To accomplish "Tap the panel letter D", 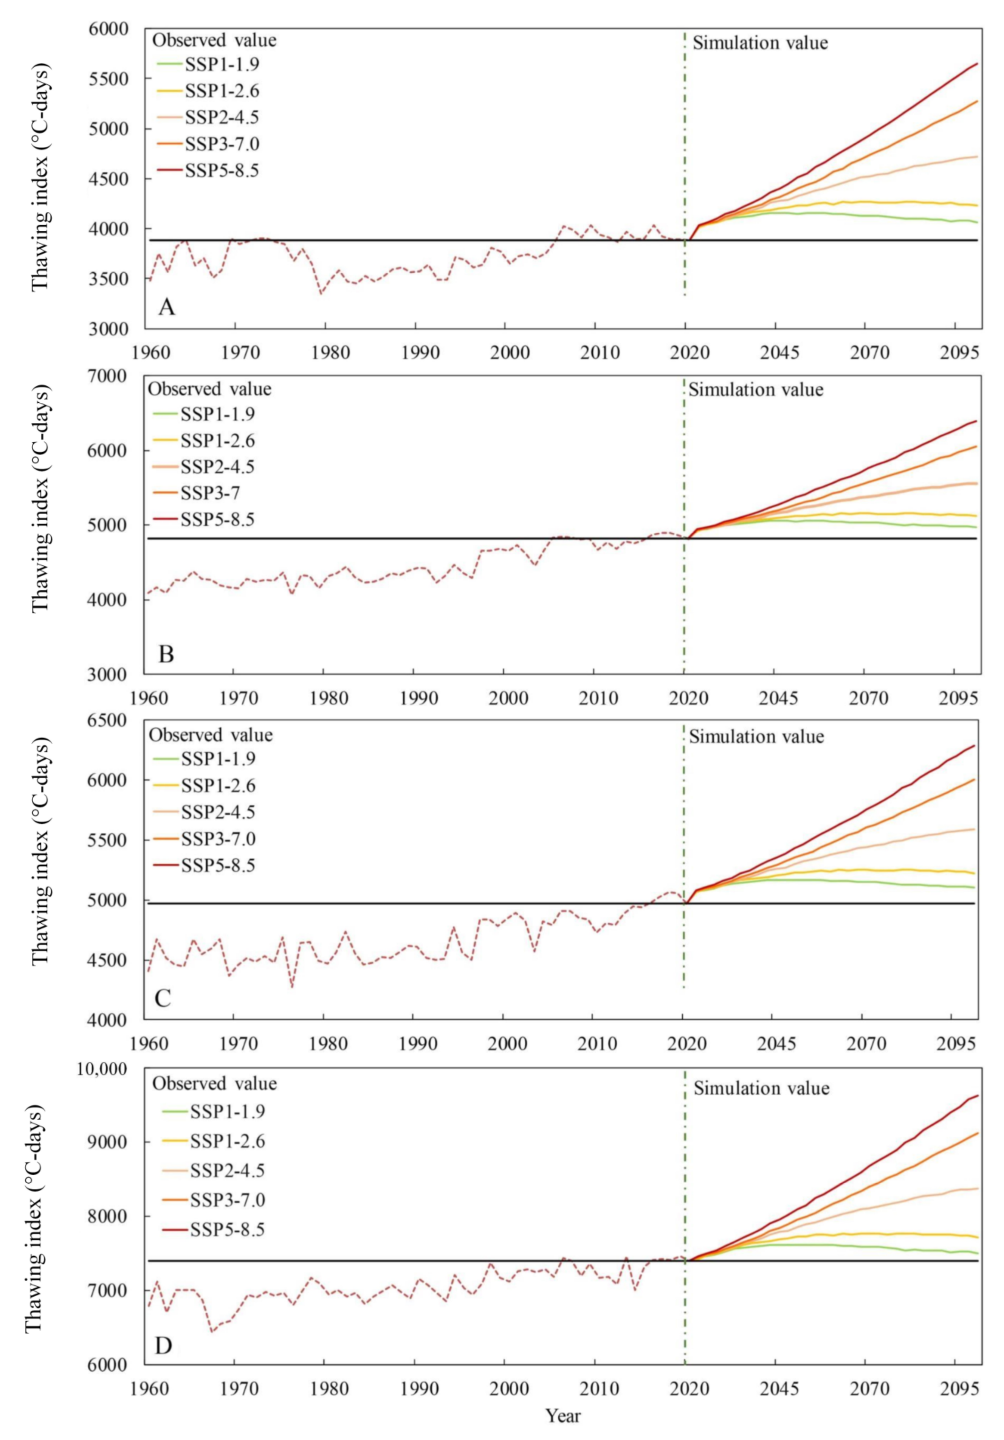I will pyautogui.click(x=163, y=1346).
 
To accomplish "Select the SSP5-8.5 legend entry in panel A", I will pyautogui.click(x=222, y=171).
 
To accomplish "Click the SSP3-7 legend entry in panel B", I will pyautogui.click(x=210, y=493).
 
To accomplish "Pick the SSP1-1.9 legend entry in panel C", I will pyautogui.click(x=218, y=759).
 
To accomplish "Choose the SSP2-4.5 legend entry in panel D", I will pyautogui.click(x=227, y=1170).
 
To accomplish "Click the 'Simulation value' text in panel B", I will pyautogui.click(x=756, y=390).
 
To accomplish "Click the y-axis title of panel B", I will pyautogui.click(x=40, y=499).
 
